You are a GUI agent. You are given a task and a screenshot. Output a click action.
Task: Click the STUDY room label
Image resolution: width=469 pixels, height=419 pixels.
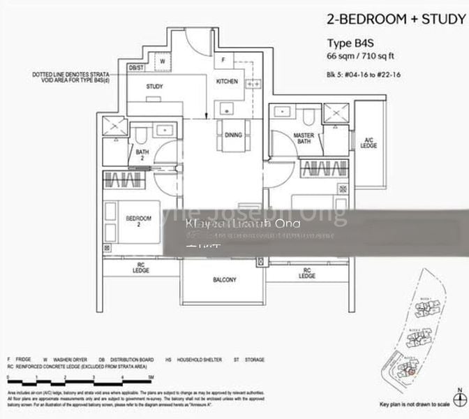154,87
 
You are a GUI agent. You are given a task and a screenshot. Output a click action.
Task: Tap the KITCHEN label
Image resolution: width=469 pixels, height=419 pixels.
227,82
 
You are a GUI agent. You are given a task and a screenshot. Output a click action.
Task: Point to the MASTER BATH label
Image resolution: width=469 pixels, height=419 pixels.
304,139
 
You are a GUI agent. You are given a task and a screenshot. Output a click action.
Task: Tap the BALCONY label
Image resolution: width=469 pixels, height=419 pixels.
224,280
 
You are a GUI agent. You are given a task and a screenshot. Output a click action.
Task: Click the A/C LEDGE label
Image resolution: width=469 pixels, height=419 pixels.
368,142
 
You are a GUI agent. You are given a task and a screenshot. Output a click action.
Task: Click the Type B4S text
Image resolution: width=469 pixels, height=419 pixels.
346,42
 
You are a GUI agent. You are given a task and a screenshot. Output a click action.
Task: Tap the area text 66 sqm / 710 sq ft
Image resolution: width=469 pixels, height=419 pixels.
362,55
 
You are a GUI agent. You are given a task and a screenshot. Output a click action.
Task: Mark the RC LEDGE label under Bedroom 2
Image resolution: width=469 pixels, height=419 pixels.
142,269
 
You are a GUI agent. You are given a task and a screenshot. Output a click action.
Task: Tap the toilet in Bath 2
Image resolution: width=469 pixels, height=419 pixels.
142,135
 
